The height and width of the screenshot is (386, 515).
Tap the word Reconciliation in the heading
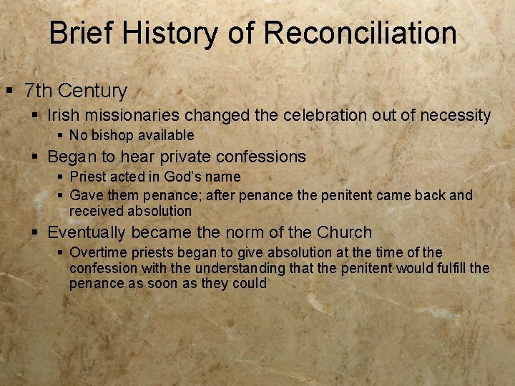(x=360, y=33)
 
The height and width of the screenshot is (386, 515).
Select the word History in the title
(x=174, y=33)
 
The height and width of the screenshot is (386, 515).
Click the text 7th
(x=39, y=91)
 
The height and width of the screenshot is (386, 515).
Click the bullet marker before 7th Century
(x=9, y=91)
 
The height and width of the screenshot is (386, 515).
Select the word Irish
(x=62, y=115)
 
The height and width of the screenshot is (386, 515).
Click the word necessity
(x=453, y=115)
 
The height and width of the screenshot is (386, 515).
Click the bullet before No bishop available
(x=61, y=135)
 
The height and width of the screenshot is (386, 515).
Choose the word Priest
(x=88, y=177)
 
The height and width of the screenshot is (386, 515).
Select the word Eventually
(x=87, y=232)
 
